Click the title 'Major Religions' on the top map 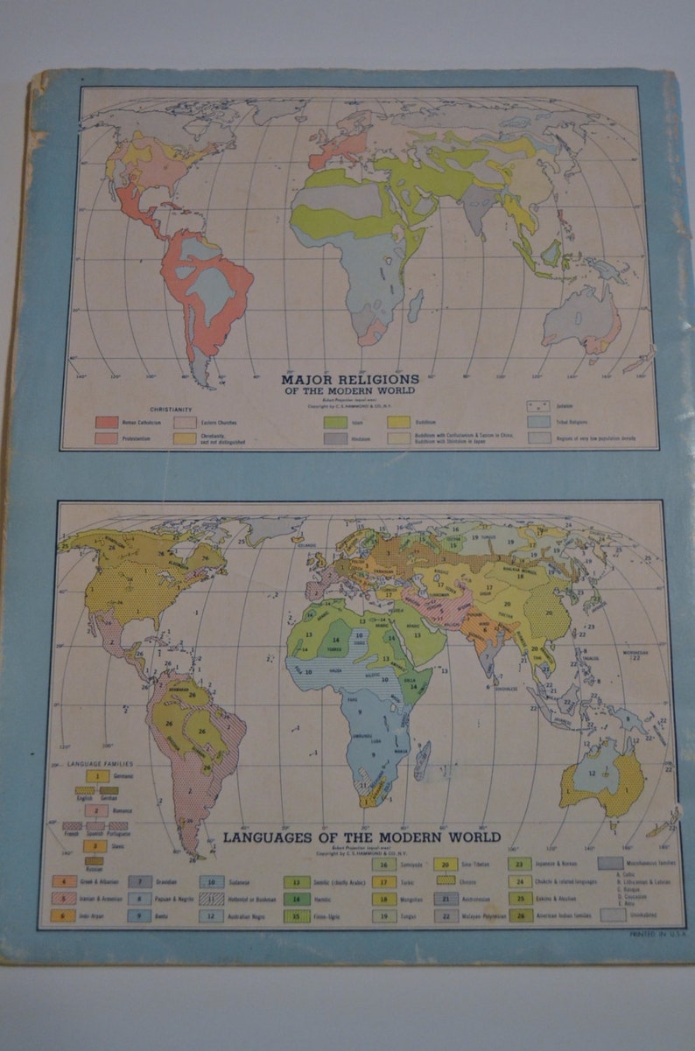pos(349,380)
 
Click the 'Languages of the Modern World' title pos(362,836)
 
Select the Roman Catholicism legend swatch pos(108,422)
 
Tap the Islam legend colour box pos(335,421)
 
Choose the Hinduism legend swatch pos(335,438)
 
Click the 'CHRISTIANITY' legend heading pos(172,409)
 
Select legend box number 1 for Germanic pos(95,775)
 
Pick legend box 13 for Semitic pos(295,882)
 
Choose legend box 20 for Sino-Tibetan pos(446,865)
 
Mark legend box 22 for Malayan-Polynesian pos(446,915)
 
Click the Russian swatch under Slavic pos(95,858)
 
